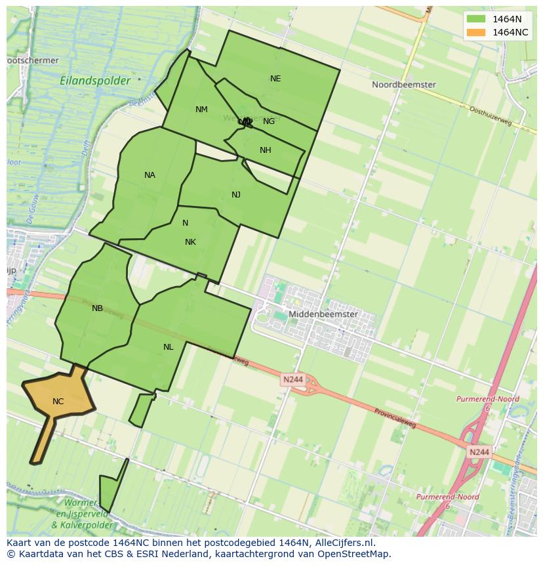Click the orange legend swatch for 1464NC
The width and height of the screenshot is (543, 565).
point(476,32)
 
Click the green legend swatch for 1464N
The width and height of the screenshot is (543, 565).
point(476,19)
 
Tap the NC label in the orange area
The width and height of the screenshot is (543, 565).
point(58,402)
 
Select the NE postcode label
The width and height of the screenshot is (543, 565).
point(275,79)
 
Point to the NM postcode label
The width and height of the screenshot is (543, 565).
point(201,110)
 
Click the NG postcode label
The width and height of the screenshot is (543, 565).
point(269,121)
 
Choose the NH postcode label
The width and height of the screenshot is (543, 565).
point(265,150)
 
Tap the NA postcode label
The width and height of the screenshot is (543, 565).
point(150,175)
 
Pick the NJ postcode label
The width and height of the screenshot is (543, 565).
point(236,195)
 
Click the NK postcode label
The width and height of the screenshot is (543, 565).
point(190,242)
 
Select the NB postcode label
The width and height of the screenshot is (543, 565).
point(97,308)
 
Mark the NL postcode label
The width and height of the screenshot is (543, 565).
point(169,347)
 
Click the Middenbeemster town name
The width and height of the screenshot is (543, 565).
point(323,314)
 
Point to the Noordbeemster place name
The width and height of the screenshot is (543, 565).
point(403,85)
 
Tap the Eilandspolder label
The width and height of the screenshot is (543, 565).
point(95,81)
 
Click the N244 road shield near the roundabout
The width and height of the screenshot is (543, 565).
point(292,379)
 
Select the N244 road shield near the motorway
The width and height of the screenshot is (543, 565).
point(479,452)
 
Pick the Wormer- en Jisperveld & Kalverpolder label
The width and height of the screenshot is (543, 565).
point(82,515)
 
